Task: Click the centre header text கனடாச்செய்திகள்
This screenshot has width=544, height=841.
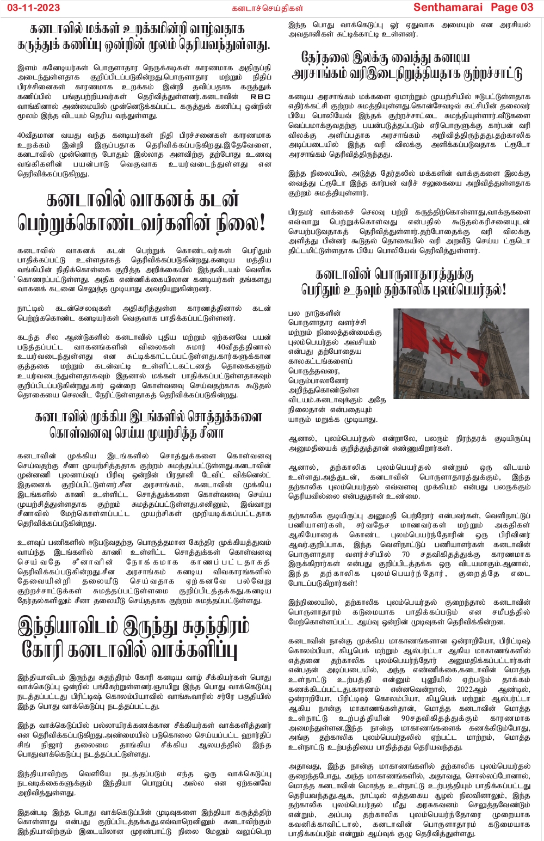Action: pos(267,8)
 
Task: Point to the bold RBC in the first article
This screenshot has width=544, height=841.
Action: pos(259,97)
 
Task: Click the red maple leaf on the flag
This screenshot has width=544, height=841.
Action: pos(447,346)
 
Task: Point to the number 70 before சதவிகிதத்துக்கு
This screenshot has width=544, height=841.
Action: pos(405,554)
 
